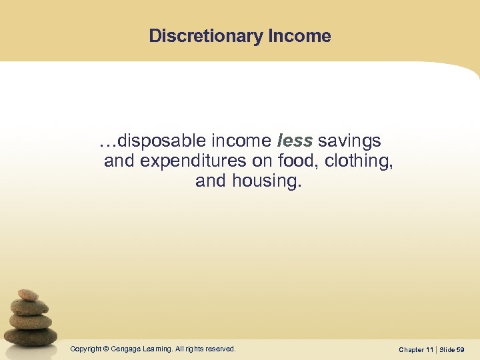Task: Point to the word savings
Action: coord(349,141)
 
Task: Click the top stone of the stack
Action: coord(28,295)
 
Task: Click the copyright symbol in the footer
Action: coord(105,349)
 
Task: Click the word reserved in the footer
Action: coord(220,349)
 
